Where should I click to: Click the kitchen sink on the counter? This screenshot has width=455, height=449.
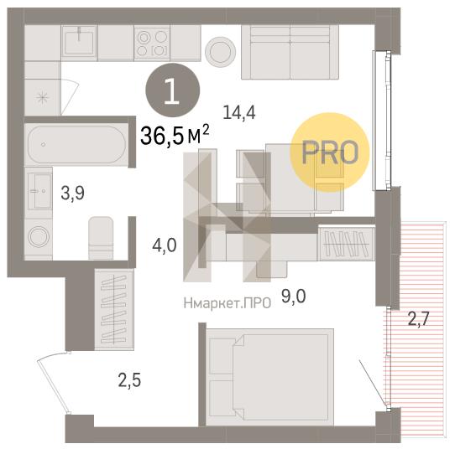pyautogui.click(x=79, y=43)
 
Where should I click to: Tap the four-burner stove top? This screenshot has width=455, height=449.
pyautogui.click(x=152, y=43)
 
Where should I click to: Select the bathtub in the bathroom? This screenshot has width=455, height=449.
pyautogui.click(x=76, y=144)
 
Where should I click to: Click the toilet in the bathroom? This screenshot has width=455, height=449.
pyautogui.click(x=101, y=238)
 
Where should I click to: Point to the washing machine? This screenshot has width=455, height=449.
pyautogui.click(x=39, y=237)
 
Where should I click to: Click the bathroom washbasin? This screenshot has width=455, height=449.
pyautogui.click(x=39, y=191)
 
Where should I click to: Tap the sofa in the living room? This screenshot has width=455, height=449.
pyautogui.click(x=290, y=52)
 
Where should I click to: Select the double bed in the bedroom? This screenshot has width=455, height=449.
pyautogui.click(x=269, y=377)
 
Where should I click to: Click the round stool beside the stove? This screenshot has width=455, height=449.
pyautogui.click(x=221, y=52)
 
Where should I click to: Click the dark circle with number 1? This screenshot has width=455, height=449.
pyautogui.click(x=173, y=90)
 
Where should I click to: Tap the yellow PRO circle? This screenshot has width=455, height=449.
pyautogui.click(x=330, y=152)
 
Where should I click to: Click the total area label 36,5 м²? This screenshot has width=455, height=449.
pyautogui.click(x=175, y=135)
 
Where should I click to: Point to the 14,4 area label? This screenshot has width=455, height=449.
pyautogui.click(x=239, y=112)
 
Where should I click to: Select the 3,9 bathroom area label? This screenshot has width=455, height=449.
pyautogui.click(x=72, y=194)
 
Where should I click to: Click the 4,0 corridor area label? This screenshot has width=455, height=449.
pyautogui.click(x=165, y=245)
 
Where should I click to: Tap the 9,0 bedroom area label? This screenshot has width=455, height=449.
pyautogui.click(x=293, y=296)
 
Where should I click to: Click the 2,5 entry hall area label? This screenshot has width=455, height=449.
pyautogui.click(x=129, y=379)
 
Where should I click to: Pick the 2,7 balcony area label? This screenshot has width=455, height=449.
pyautogui.click(x=418, y=318)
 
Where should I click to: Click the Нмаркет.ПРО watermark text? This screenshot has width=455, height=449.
pyautogui.click(x=227, y=303)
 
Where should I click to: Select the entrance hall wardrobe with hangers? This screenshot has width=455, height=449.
pyautogui.click(x=114, y=309)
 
